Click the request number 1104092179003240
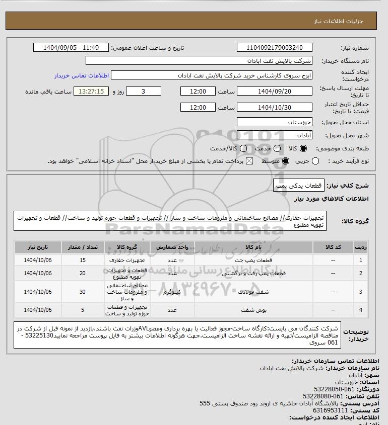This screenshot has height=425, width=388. (274, 48)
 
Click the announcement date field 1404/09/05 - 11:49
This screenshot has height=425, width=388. (71, 48)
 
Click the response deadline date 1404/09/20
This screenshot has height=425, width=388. (274, 92)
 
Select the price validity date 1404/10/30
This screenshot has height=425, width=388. (274, 108)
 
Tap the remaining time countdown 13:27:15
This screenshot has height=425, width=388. (91, 92)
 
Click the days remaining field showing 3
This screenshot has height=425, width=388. (144, 92)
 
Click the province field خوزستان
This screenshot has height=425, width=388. (274, 122)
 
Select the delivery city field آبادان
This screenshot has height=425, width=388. (274, 135)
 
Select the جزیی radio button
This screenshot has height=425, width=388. (316, 161)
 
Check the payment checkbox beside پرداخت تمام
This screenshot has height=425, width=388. (249, 161)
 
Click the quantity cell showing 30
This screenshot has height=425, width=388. (83, 292)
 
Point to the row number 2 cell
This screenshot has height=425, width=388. (360, 273)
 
